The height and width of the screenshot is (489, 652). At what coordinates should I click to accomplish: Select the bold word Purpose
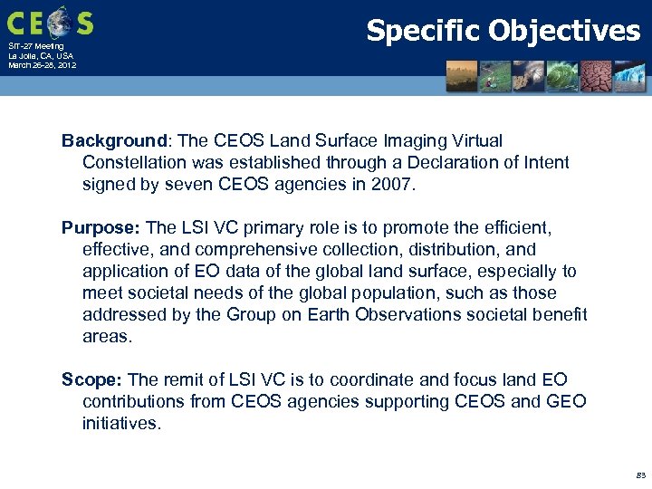(101, 227)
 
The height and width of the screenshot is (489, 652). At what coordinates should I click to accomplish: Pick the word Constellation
(136, 162)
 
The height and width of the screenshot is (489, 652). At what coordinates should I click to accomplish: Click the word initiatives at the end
(121, 423)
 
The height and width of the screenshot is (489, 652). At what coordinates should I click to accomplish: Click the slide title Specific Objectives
(503, 31)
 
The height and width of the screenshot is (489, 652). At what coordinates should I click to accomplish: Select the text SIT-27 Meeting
(36, 46)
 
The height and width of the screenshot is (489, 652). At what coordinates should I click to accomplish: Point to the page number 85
(641, 475)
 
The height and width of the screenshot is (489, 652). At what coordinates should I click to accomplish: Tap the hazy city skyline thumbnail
(462, 75)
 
